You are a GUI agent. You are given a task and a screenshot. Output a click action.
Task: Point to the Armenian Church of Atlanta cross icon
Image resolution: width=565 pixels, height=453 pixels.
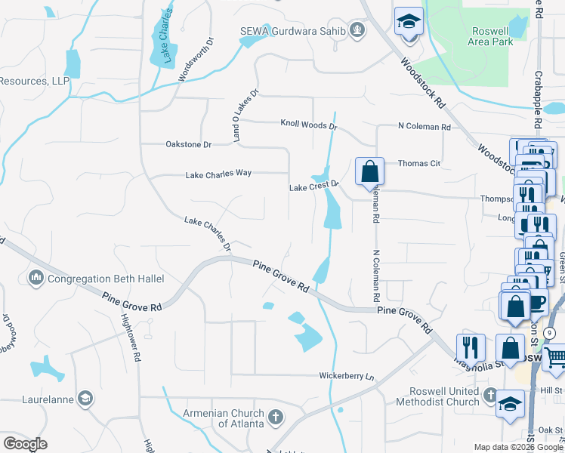click(276, 417)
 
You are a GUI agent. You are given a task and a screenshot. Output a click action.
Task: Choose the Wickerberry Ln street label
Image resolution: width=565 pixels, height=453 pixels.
click(346, 375)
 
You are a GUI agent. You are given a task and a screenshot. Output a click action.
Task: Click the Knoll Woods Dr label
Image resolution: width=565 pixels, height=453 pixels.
click(308, 123)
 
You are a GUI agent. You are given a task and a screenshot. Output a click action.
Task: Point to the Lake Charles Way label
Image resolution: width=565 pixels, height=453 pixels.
click(218, 174)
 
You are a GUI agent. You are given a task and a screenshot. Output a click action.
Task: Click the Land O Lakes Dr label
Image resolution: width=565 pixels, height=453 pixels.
click(245, 116)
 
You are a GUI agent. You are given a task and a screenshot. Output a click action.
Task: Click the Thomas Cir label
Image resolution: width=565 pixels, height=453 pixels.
click(418, 163)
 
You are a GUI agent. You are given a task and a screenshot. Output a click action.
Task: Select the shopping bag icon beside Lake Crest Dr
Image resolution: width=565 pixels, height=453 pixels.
click(369, 171)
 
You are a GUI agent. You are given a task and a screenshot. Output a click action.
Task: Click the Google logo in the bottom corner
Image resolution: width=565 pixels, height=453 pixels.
click(25, 443)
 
